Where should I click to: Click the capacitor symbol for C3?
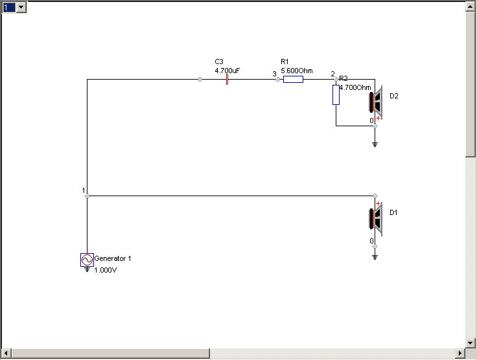[x=227, y=79]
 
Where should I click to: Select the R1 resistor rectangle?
[x=293, y=79]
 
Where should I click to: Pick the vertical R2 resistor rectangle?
[x=336, y=95]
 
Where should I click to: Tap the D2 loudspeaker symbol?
[x=376, y=102]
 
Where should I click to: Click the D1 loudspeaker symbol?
[x=376, y=219]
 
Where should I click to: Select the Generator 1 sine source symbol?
[x=87, y=260]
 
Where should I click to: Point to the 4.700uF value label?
[x=227, y=71]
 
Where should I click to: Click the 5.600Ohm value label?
[x=297, y=71]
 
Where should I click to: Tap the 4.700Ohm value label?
[x=355, y=87]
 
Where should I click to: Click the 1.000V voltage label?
[x=105, y=270]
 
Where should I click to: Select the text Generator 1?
[x=113, y=258]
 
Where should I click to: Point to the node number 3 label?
[x=274, y=74]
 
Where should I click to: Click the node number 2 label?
[x=332, y=74]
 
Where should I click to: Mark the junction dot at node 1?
[x=87, y=196]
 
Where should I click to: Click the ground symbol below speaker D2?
[x=375, y=144]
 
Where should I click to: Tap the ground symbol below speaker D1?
[x=375, y=257]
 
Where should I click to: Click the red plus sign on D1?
[x=378, y=203]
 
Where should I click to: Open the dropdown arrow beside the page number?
[x=21, y=7]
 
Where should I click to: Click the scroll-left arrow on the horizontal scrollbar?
[x=6, y=354]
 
